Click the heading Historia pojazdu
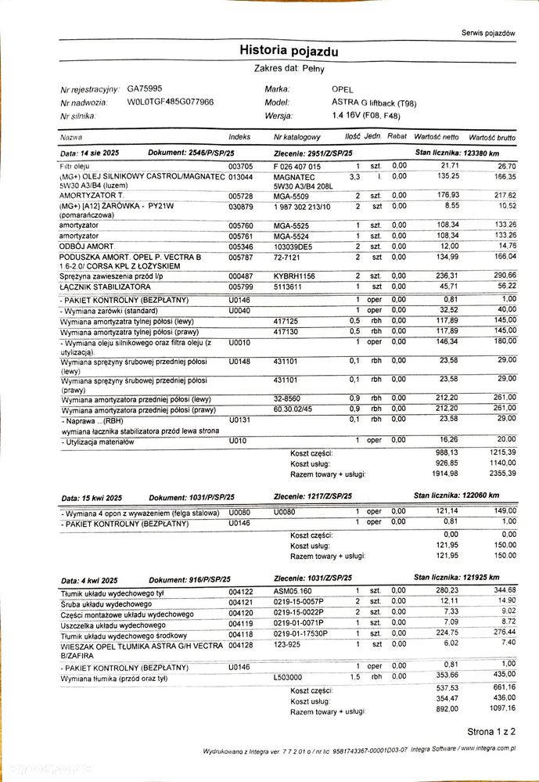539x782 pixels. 289,52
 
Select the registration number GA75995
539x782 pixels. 145,89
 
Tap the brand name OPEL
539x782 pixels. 343,89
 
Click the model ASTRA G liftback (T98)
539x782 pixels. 374,103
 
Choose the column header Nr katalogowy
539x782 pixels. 298,137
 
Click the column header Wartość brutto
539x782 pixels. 492,137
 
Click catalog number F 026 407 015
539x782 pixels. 297,167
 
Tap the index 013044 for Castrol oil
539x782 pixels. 241,176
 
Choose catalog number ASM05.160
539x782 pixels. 293,590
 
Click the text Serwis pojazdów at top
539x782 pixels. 489,34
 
